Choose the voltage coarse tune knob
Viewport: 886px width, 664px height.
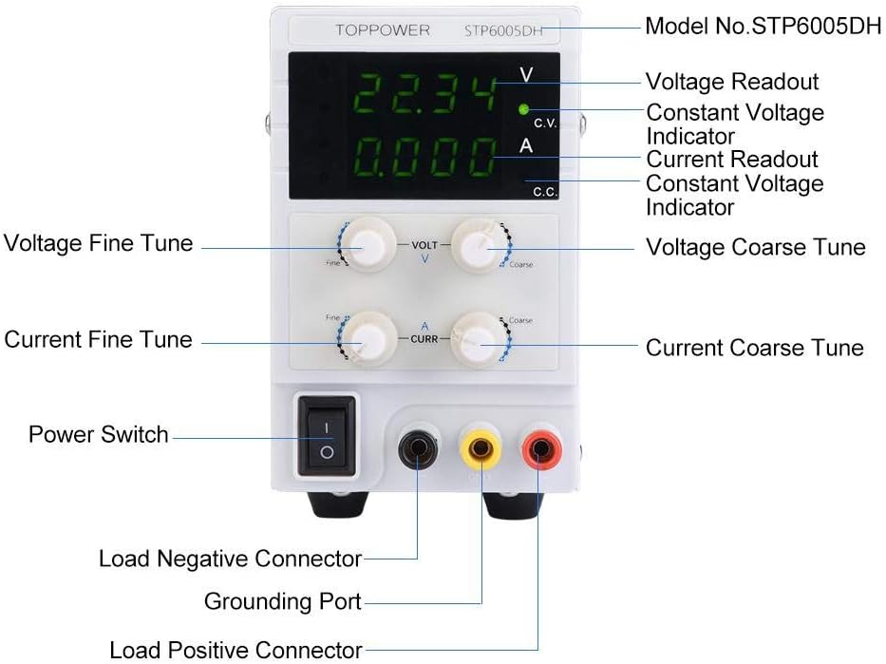pos(476,244)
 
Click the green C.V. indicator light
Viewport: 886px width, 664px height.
pos(523,109)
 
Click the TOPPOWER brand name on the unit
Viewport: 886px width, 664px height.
pos(382,30)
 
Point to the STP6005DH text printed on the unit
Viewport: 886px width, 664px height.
pos(503,30)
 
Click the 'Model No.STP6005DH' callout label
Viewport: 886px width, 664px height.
pos(763,26)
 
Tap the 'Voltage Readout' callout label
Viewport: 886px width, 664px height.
pos(732,82)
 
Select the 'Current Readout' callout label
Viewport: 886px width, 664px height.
pos(732,159)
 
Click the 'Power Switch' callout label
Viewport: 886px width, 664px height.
pos(99,434)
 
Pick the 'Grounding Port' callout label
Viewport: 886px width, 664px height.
pos(283,601)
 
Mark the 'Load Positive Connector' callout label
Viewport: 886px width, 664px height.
pos(236,650)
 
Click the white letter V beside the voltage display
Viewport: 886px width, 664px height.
pos(526,75)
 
